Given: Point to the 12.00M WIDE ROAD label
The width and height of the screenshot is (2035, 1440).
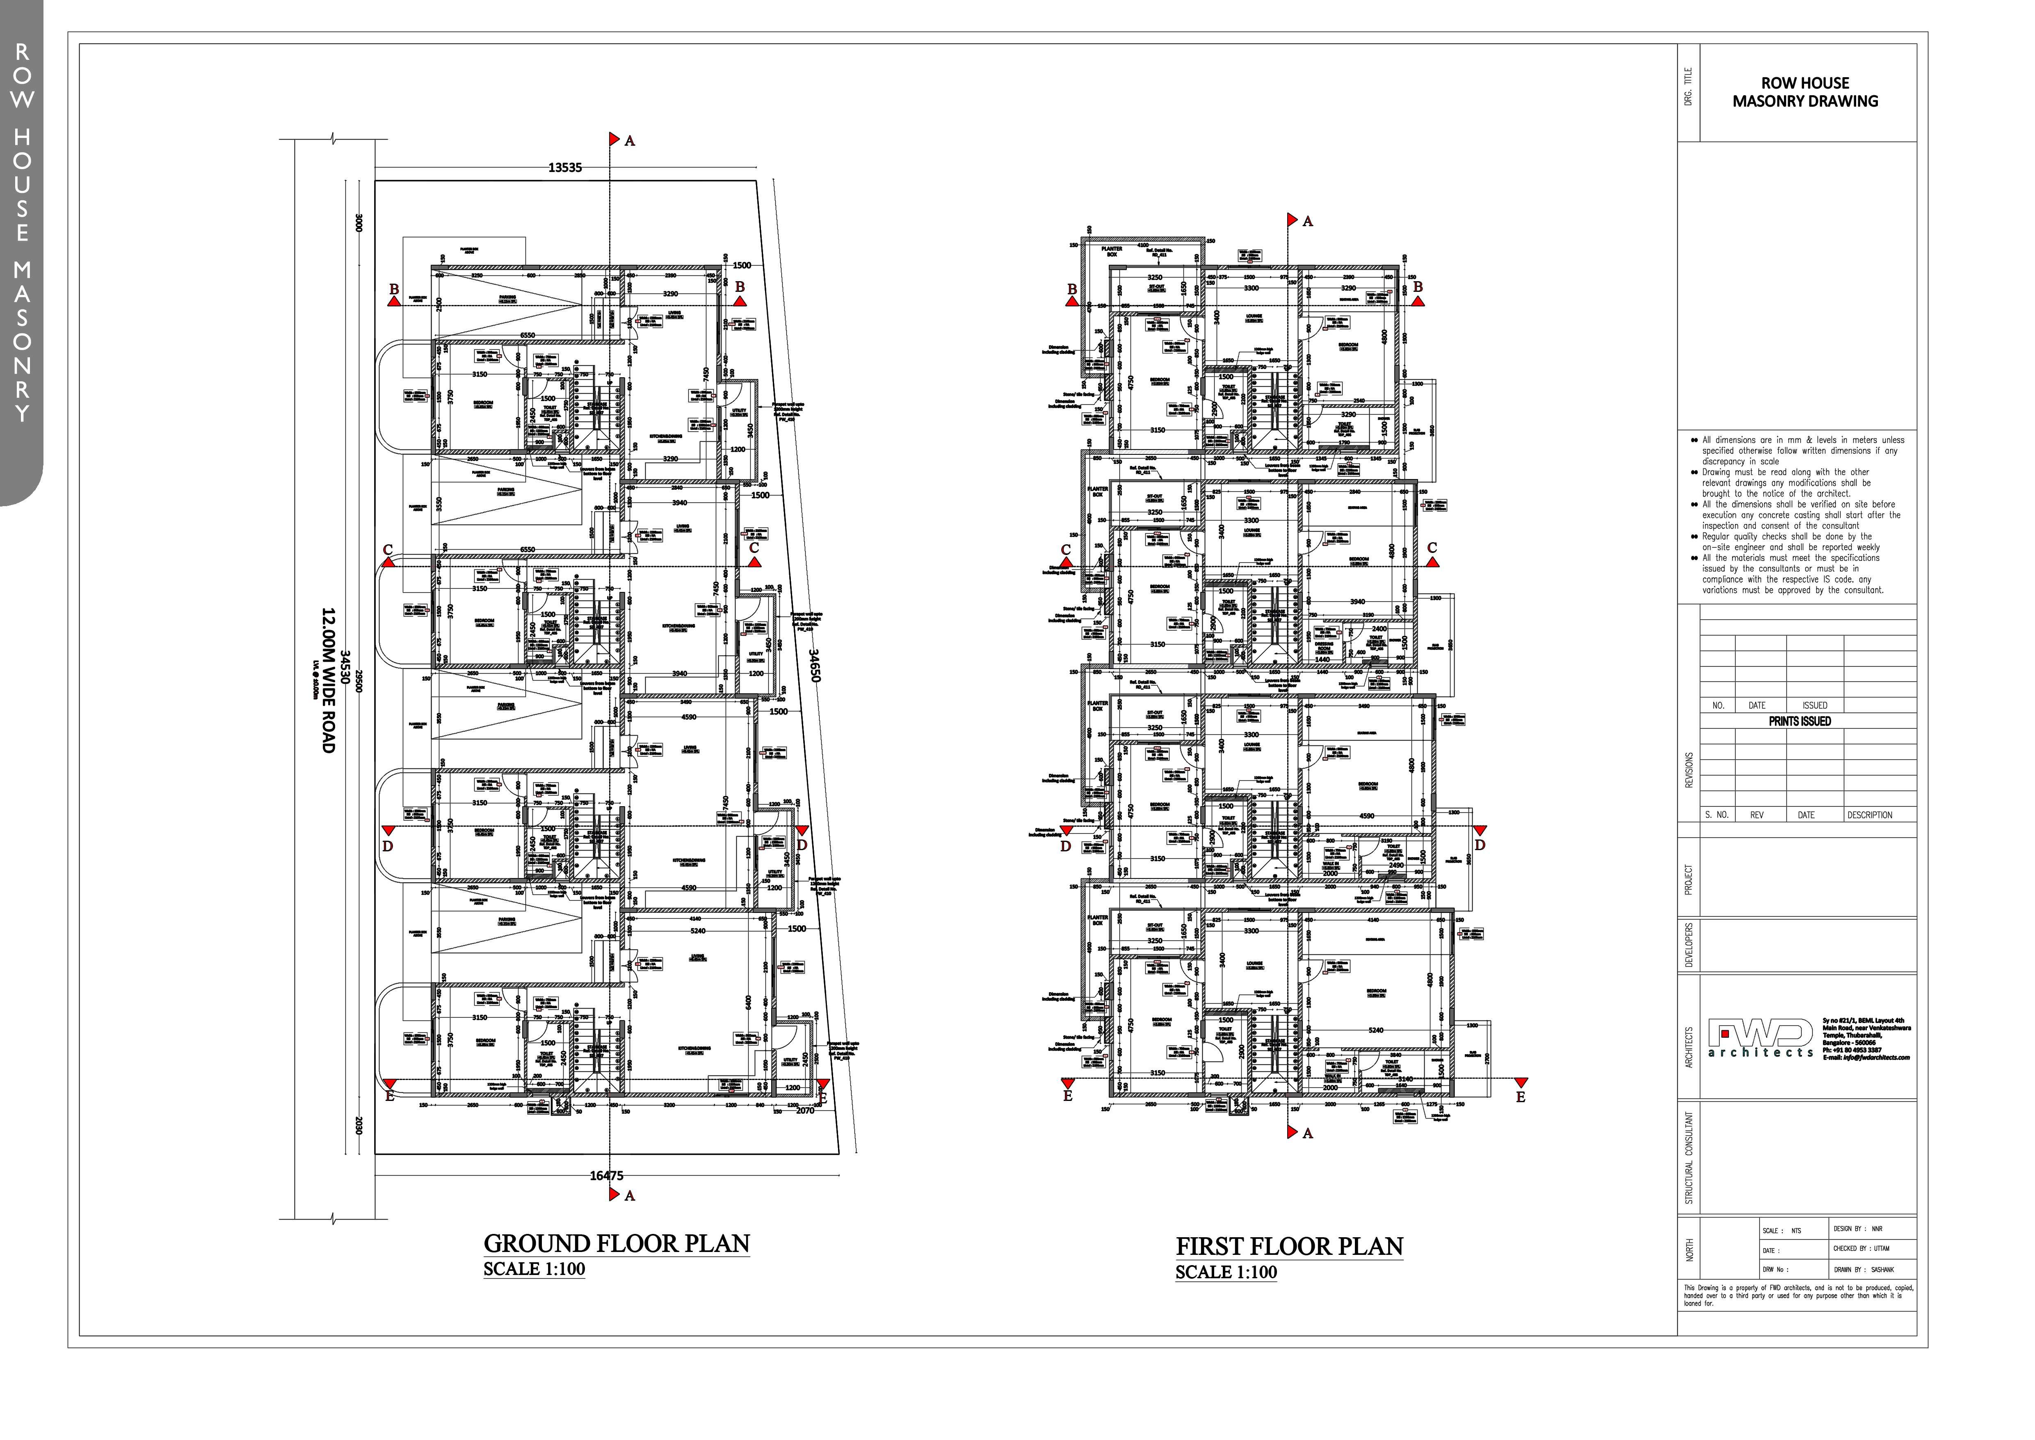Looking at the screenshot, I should click(x=328, y=680).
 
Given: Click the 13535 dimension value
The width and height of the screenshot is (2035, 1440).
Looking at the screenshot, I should click(x=564, y=167).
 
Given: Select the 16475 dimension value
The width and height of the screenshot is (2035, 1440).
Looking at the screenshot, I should click(x=606, y=1176).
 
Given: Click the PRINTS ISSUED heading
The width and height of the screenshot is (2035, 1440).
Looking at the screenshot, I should click(x=1799, y=721).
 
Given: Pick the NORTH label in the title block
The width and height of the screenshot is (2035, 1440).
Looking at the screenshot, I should click(x=1689, y=1250).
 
